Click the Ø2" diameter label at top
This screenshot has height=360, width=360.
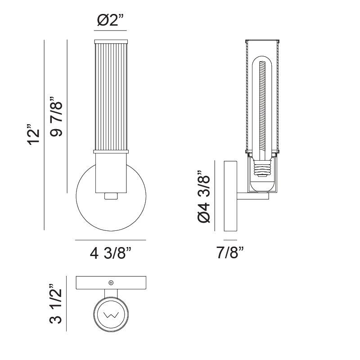tap(110, 21)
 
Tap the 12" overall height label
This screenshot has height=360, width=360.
tap(34, 134)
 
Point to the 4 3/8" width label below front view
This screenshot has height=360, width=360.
tap(111, 254)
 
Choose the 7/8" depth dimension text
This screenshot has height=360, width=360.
tap(230, 254)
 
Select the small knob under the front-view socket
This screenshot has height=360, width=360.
tap(111, 196)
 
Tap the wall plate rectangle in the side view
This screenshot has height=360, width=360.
tap(230, 196)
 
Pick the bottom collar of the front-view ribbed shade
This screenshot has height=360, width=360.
tap(111, 152)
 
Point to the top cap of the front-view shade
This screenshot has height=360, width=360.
tap(111, 42)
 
